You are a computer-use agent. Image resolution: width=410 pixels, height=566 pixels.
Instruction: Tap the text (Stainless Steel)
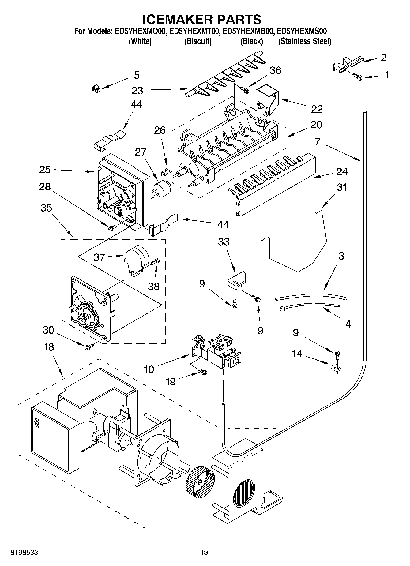click(305, 41)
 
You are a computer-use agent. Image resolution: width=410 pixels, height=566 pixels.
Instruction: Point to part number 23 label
click(137, 91)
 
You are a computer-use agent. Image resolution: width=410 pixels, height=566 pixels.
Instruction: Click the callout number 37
click(100, 257)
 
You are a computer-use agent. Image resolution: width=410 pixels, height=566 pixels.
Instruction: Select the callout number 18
click(49, 347)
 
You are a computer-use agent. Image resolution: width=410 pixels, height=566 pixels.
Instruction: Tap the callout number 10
click(149, 369)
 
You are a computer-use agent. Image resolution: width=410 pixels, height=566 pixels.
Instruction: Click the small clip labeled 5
click(96, 89)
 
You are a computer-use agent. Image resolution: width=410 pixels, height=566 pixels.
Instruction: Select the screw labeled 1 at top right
click(357, 77)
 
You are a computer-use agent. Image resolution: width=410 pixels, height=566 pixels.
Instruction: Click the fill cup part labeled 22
click(266, 100)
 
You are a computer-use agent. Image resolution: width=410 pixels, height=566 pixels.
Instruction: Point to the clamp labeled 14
click(335, 368)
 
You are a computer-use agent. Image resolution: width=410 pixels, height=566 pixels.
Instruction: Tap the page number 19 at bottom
click(204, 552)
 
